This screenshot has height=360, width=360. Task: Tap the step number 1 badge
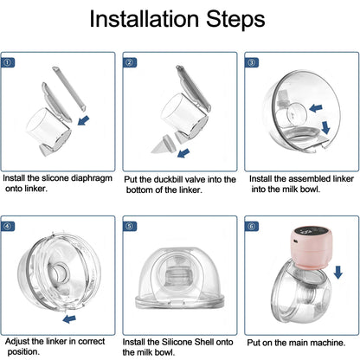pyautogui.click(x=8, y=62)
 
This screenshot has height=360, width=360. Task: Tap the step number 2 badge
pyautogui.click(x=130, y=62)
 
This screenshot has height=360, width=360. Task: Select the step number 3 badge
pyautogui.click(x=251, y=62)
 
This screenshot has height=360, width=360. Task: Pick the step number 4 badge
pyautogui.click(x=8, y=227)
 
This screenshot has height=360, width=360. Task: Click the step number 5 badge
pyautogui.click(x=130, y=227)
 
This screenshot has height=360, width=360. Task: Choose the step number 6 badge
pyautogui.click(x=251, y=227)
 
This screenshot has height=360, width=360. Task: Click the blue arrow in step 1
pyautogui.click(x=84, y=120)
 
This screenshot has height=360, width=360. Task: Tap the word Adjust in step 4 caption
pyautogui.click(x=19, y=342)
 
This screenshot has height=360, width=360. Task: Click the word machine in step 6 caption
pyautogui.click(x=329, y=342)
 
